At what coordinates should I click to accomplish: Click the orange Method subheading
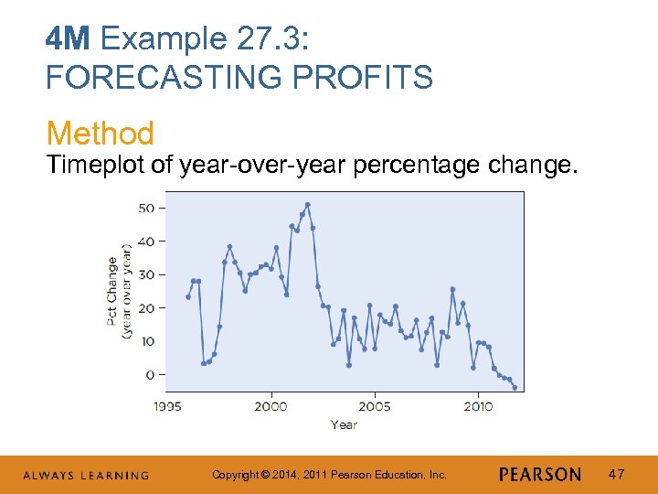pos(100,134)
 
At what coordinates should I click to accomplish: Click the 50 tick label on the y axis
pos(146,208)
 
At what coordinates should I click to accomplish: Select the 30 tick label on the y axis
pos(146,274)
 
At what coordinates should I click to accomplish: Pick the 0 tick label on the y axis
pos(150,375)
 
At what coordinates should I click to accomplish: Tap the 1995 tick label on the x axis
pos(167,405)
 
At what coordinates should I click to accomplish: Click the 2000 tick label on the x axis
pos(271,405)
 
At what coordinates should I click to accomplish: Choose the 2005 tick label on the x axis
pos(375,405)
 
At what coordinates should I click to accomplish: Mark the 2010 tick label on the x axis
pos(478,405)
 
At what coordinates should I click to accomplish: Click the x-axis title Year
pos(344,424)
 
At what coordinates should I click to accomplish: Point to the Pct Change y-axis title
pos(112,291)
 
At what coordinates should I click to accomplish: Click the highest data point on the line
pos(308,204)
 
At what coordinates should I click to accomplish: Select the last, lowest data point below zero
pos(515,388)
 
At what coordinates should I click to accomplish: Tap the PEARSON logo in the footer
pos(540,475)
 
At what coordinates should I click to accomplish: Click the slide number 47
pos(617,474)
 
